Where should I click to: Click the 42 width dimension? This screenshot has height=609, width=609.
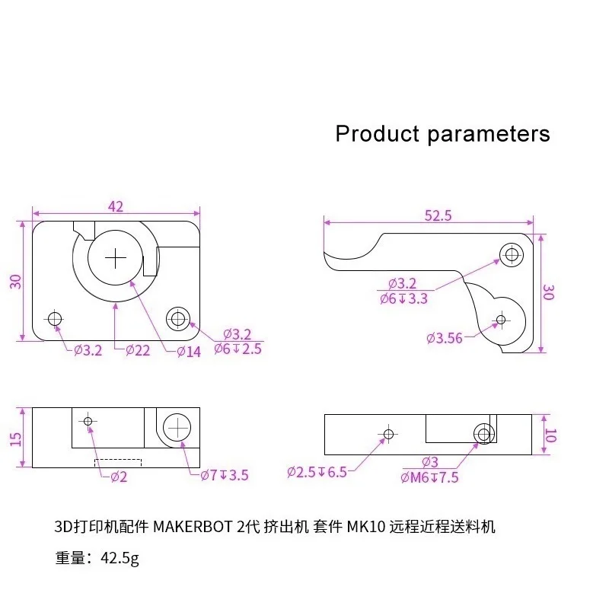(x=116, y=206)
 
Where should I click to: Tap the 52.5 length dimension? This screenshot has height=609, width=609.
(x=438, y=215)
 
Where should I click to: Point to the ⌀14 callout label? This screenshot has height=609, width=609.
(x=189, y=352)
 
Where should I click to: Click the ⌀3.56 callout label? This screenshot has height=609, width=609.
(x=445, y=338)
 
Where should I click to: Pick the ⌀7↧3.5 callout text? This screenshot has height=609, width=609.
(x=225, y=475)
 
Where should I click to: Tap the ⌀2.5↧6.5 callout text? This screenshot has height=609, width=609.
(x=317, y=472)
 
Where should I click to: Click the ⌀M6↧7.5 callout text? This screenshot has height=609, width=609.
(x=429, y=477)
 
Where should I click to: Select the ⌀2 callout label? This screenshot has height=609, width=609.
(x=119, y=477)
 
